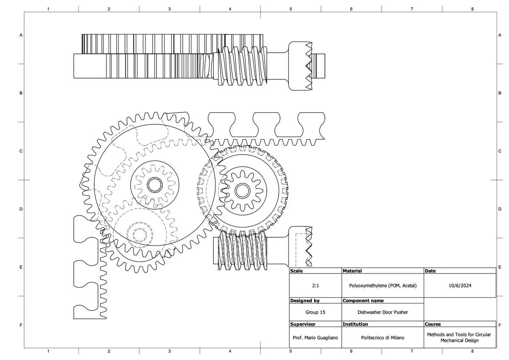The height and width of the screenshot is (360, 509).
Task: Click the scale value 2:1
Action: coord(315,286)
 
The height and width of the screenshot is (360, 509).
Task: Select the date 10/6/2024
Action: coord(460,286)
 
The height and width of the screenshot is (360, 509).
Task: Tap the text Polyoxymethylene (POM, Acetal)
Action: coord(383,286)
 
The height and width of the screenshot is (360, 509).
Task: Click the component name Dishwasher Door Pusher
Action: coord(383,312)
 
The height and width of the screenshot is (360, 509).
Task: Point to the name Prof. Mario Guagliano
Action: coord(315,338)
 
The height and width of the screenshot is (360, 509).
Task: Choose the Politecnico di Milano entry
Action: coord(383,338)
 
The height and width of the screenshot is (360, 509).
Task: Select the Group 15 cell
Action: coord(315,312)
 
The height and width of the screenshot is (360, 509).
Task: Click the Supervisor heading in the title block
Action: coord(302,324)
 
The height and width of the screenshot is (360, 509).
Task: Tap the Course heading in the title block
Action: coord(433,324)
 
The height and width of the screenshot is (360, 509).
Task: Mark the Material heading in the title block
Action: coord(352,271)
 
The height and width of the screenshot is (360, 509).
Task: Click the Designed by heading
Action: coord(305,301)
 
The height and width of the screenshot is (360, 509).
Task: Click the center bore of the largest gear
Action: coord(154,185)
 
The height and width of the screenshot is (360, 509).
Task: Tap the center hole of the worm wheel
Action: coord(242,191)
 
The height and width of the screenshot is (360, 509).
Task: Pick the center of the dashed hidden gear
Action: coord(139,234)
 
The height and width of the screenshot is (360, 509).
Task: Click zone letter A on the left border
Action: coord(20,35)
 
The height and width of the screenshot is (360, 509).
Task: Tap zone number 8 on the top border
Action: coord(472,8)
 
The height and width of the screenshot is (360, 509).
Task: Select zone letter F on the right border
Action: coord(500,325)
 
